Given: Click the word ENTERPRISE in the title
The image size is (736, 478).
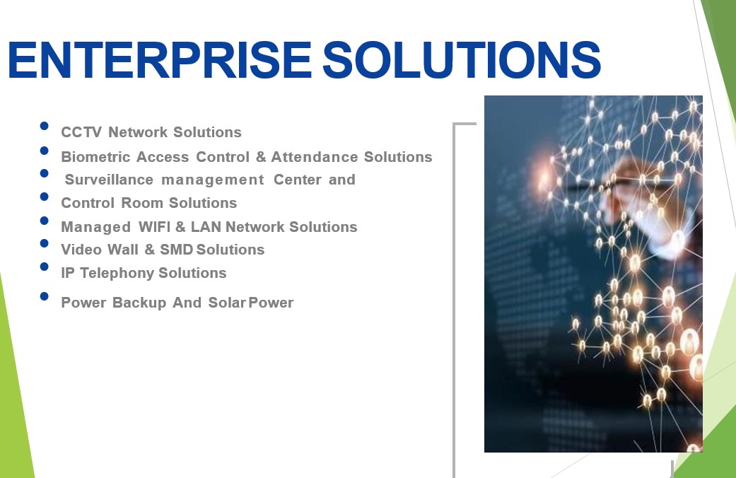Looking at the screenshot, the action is click(x=160, y=59).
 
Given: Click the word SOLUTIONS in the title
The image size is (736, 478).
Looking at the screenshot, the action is click(x=462, y=59).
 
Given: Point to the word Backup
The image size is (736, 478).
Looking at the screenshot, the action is click(x=139, y=303).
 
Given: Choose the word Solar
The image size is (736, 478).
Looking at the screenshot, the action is click(x=227, y=303).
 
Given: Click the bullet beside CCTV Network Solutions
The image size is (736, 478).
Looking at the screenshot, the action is click(x=44, y=126).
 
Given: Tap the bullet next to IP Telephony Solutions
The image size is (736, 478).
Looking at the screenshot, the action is click(x=44, y=267).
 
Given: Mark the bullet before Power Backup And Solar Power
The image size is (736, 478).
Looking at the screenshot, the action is click(x=44, y=296).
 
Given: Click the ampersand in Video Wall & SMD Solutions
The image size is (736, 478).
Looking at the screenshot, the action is click(x=150, y=250).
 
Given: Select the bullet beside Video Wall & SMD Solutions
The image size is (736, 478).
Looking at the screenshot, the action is click(x=44, y=243).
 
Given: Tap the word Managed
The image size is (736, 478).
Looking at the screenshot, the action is click(x=95, y=227).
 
